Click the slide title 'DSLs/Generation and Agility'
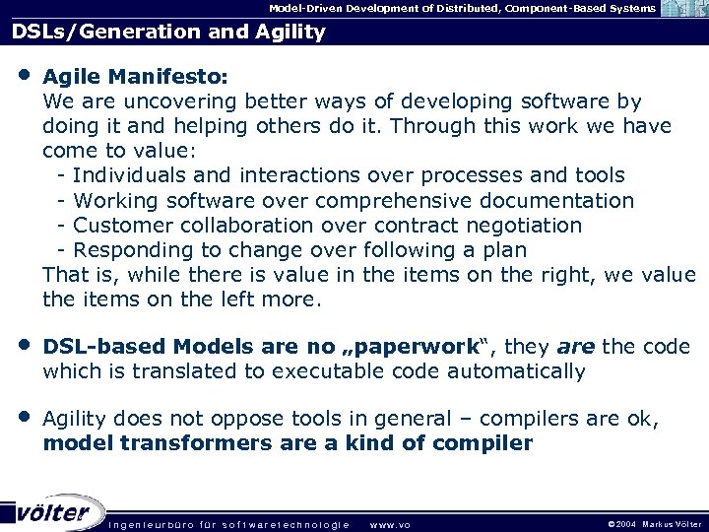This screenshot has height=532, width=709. tap(168, 32)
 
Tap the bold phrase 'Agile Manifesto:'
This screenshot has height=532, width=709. tap(136, 76)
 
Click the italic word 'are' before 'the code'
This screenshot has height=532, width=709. tap(575, 347)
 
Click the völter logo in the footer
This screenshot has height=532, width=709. tap(54, 511)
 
